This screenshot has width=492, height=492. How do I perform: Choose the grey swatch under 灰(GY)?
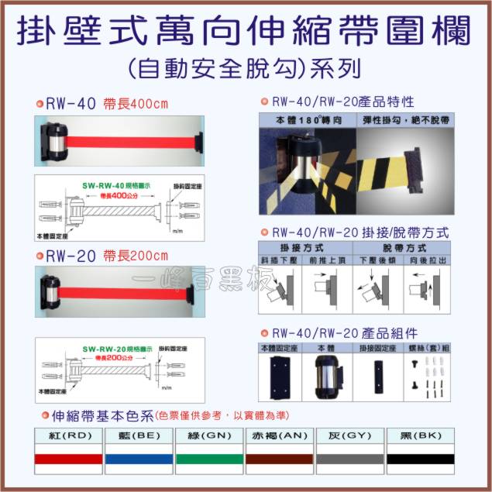(350, 459)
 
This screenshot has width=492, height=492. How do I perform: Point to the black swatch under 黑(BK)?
(420, 459)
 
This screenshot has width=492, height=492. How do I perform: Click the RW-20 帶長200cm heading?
(107, 255)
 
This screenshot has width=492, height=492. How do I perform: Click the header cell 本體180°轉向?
(308, 121)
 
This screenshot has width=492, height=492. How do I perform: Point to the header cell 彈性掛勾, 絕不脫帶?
(406, 121)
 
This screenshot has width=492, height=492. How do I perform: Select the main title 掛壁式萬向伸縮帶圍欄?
(245, 33)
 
